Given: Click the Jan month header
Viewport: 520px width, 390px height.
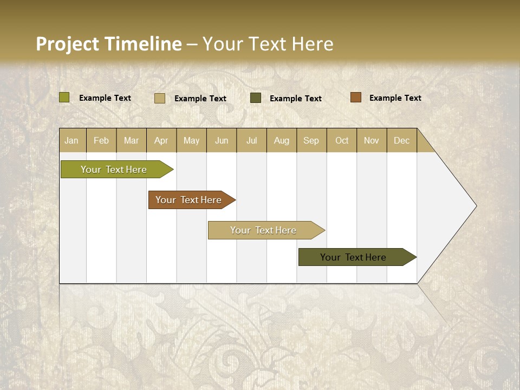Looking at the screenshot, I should pyautogui.click(x=71, y=140).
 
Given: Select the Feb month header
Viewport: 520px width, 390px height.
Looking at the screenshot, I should pyautogui.click(x=101, y=140).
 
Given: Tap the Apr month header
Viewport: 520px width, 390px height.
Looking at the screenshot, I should pyautogui.click(x=161, y=140).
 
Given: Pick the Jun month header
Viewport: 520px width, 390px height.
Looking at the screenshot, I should pyautogui.click(x=222, y=140).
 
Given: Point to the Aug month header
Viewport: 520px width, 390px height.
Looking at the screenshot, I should pyautogui.click(x=281, y=140).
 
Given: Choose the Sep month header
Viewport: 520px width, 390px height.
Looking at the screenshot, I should pyautogui.click(x=311, y=140).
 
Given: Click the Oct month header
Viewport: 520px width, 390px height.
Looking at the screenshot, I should pyautogui.click(x=342, y=140).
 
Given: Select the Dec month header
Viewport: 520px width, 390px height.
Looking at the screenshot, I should pyautogui.click(x=401, y=140).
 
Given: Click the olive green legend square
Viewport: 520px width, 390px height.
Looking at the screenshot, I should pyautogui.click(x=64, y=97).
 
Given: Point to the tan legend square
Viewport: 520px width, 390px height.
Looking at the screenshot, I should pyautogui.click(x=160, y=98).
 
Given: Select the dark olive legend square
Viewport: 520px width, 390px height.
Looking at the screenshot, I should pyautogui.click(x=256, y=98).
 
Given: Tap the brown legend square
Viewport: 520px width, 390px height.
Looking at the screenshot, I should pyautogui.click(x=356, y=97).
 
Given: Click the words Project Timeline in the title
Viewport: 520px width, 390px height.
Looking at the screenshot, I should pyautogui.click(x=109, y=44).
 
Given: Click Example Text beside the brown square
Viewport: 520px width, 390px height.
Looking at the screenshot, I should pyautogui.click(x=395, y=98).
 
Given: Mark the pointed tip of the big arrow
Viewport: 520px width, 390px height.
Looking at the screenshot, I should pyautogui.click(x=476, y=206).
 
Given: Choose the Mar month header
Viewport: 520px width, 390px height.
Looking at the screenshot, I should pyautogui.click(x=131, y=140).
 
